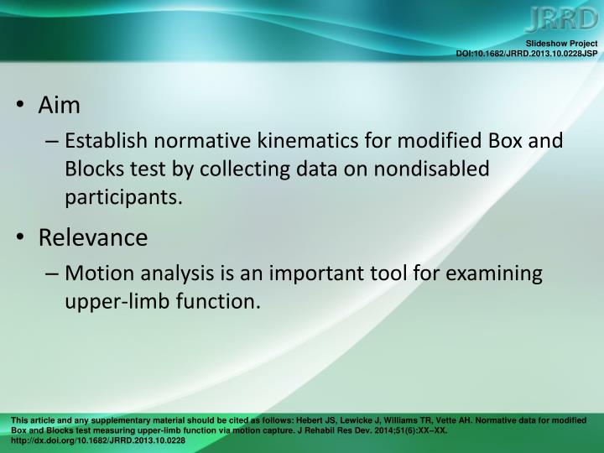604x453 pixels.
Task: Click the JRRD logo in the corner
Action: (x=564, y=19)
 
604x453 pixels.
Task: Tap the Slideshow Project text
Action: (x=561, y=44)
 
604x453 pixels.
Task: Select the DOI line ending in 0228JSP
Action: (x=526, y=54)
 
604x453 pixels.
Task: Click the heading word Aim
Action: (x=60, y=105)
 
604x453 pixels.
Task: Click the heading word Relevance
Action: (x=92, y=238)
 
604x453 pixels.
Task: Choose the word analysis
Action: (x=176, y=273)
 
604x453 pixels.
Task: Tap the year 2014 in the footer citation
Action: (x=390, y=430)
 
